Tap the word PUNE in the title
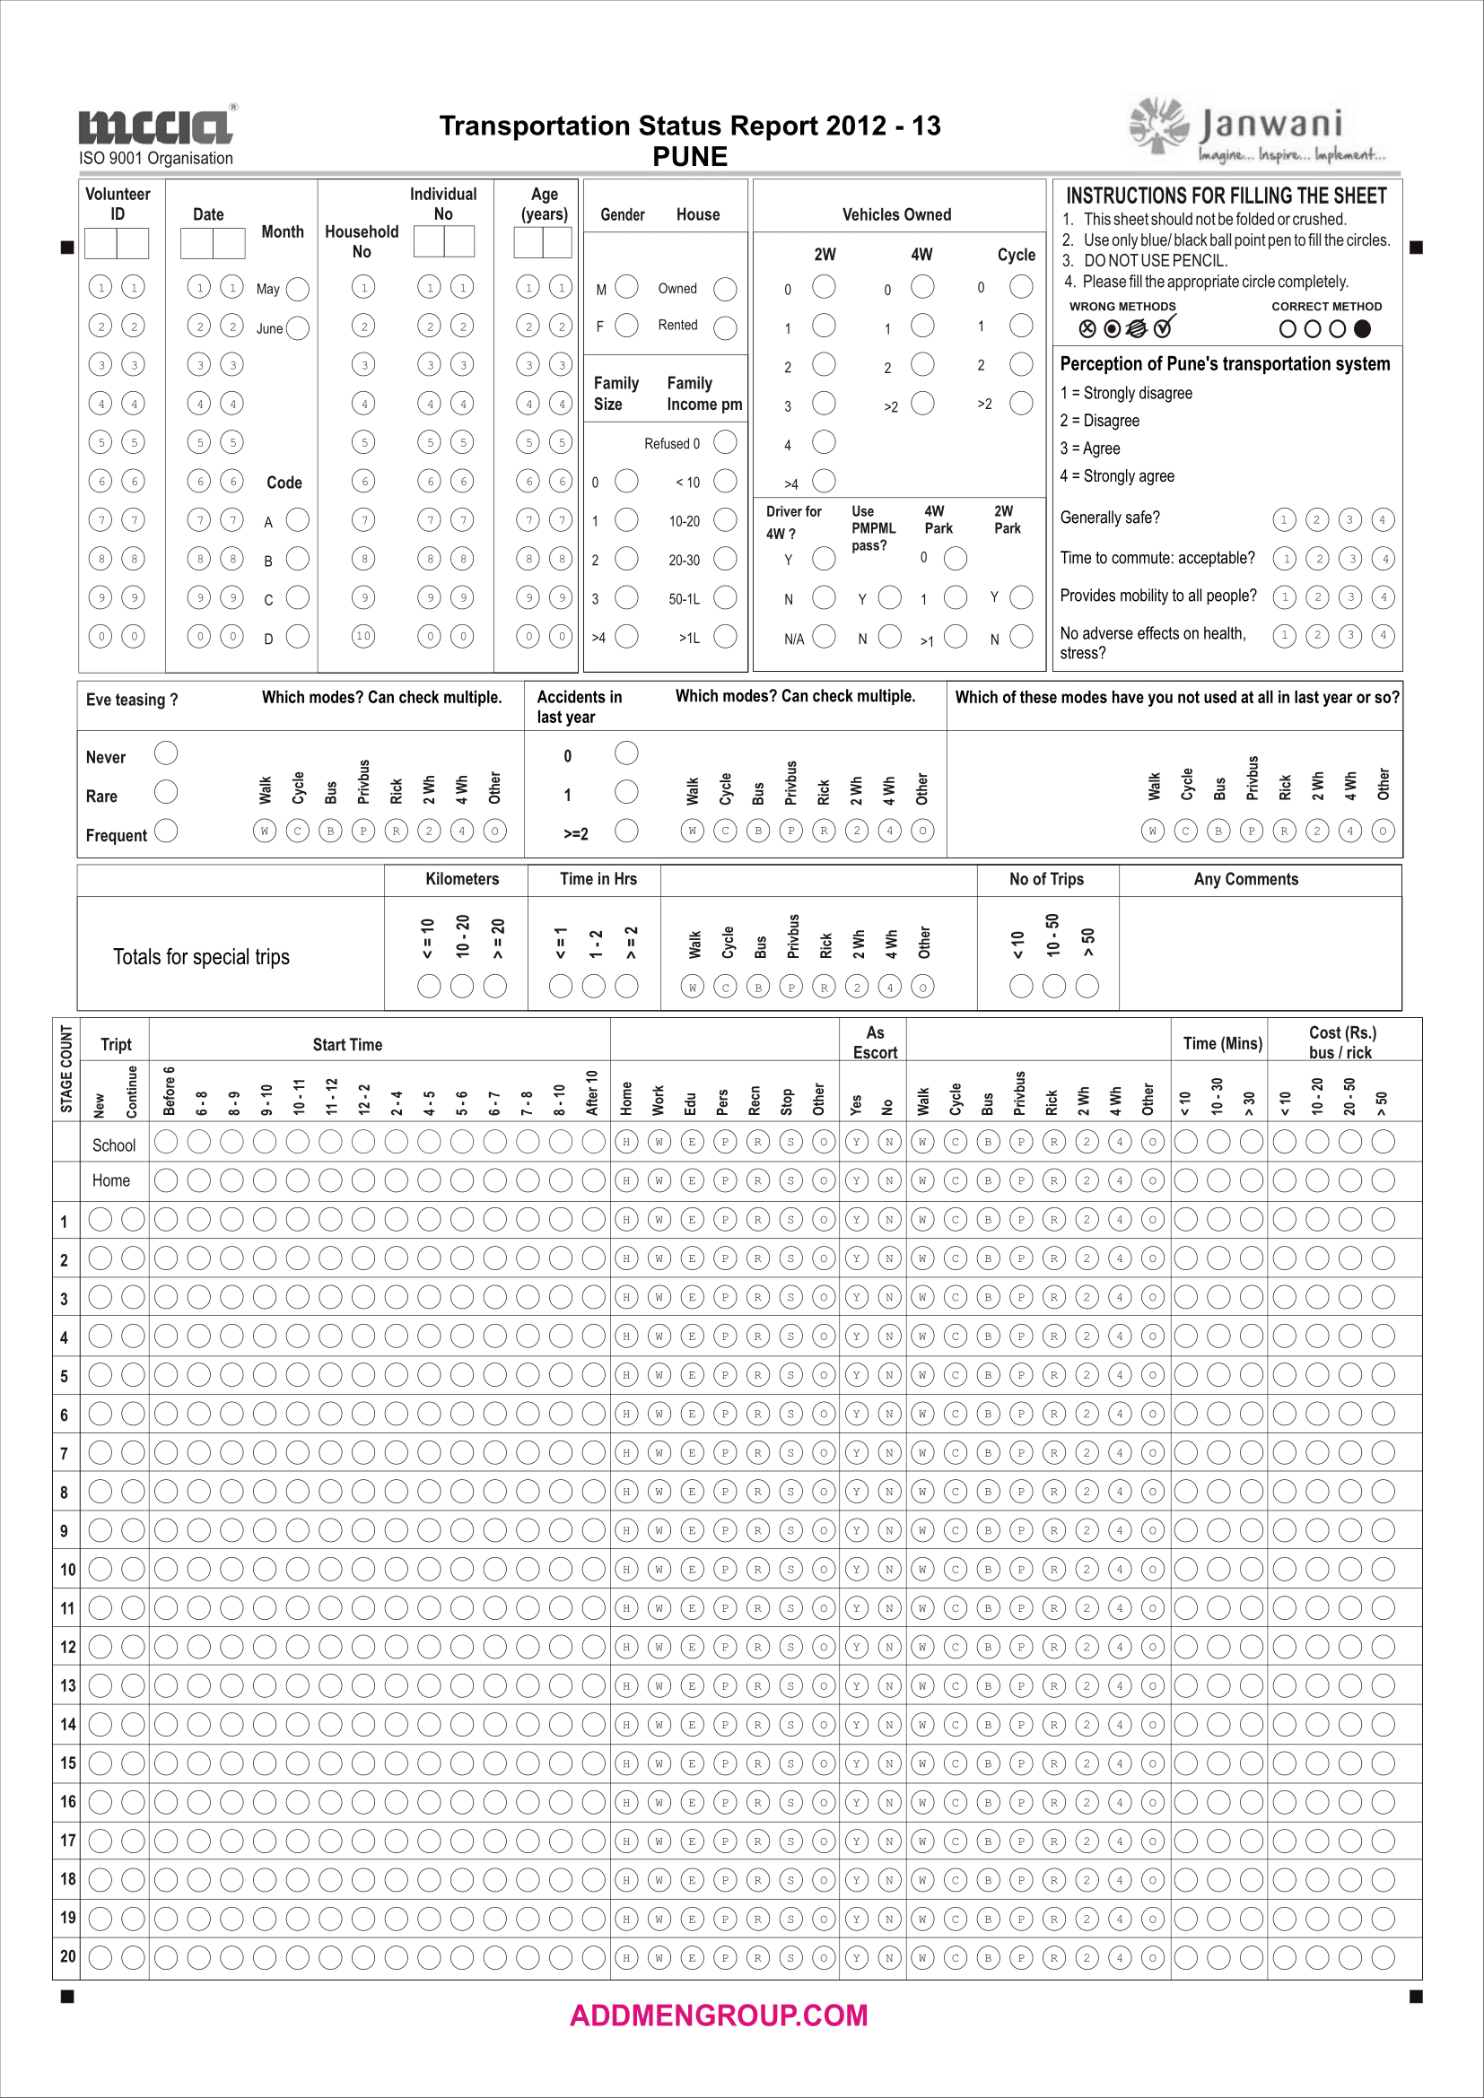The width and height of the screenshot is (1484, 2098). click(x=690, y=157)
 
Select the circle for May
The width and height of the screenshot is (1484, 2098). click(x=298, y=290)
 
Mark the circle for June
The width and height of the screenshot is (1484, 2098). click(x=298, y=329)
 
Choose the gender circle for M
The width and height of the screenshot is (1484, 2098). click(x=627, y=288)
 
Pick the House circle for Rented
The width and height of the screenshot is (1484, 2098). click(x=725, y=328)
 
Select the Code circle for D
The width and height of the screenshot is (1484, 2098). click(x=298, y=637)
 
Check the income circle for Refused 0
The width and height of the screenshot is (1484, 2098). click(x=725, y=443)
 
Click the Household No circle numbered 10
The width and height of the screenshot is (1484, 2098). click(x=363, y=636)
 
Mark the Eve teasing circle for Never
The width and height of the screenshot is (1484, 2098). click(x=166, y=753)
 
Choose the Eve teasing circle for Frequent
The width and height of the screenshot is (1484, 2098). click(x=166, y=831)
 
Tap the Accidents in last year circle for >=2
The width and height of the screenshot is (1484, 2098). click(x=627, y=831)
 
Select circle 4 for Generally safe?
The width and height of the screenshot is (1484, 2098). click(x=1383, y=520)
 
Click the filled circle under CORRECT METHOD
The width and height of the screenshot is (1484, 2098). click(x=1363, y=329)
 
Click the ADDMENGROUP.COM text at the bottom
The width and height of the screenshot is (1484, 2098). click(x=719, y=2015)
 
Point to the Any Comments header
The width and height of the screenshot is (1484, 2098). click(x=1245, y=879)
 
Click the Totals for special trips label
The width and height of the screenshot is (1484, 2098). click(x=201, y=957)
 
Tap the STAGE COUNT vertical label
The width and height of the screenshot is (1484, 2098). click(x=66, y=1069)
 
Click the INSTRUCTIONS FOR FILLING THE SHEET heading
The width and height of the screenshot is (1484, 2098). click(x=1226, y=196)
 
